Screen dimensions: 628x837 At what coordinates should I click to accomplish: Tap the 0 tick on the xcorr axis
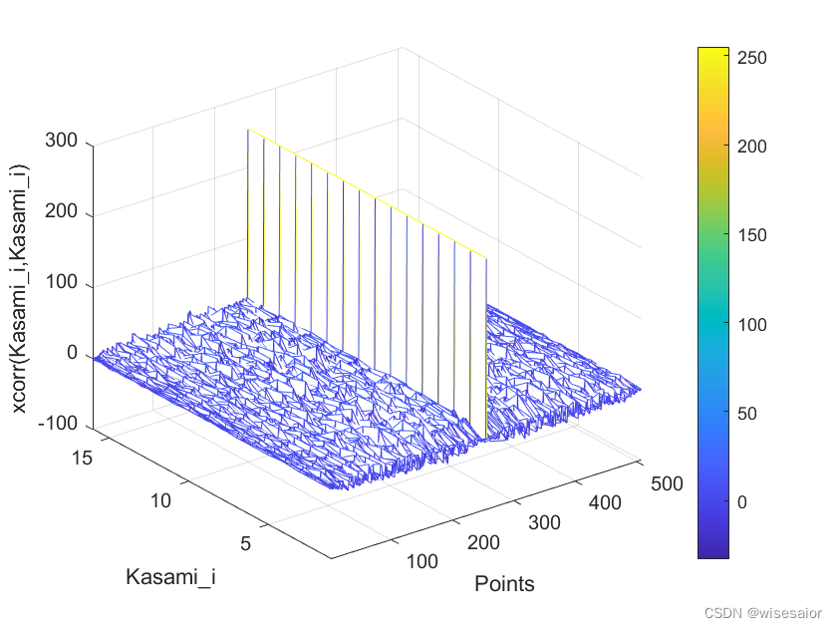71,353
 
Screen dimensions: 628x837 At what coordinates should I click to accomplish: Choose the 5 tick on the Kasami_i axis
245,543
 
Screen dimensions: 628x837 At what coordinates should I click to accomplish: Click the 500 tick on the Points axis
666,483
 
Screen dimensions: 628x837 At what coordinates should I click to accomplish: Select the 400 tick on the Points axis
605,503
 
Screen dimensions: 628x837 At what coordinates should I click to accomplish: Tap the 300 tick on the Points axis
544,522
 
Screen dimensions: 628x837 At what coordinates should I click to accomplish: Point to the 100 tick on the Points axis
422,561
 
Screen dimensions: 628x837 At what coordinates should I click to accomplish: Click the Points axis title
504,584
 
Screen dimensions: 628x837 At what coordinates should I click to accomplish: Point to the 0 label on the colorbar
742,502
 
